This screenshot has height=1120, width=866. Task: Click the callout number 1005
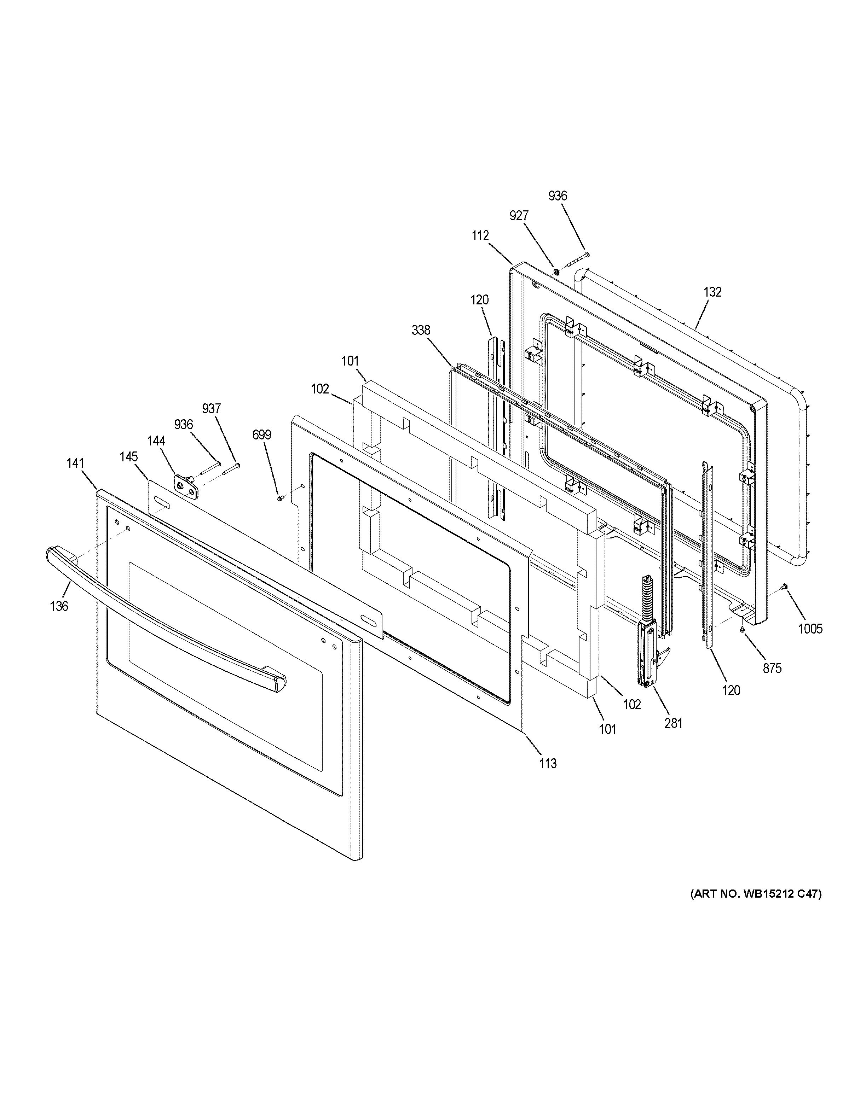(809, 628)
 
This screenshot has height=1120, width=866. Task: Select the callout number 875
(772, 668)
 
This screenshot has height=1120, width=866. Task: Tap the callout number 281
(674, 723)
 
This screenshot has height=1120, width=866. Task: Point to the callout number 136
(59, 606)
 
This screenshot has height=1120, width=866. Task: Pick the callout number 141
(75, 463)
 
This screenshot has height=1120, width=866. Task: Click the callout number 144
(156, 441)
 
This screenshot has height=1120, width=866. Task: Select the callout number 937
(211, 409)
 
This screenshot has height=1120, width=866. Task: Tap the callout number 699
(262, 435)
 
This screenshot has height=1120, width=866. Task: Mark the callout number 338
(421, 331)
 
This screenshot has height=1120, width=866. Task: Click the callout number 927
(519, 216)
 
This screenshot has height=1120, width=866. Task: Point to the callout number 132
(712, 292)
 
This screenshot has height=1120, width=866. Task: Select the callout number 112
(480, 235)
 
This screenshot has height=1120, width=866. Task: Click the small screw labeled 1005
(784, 587)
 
